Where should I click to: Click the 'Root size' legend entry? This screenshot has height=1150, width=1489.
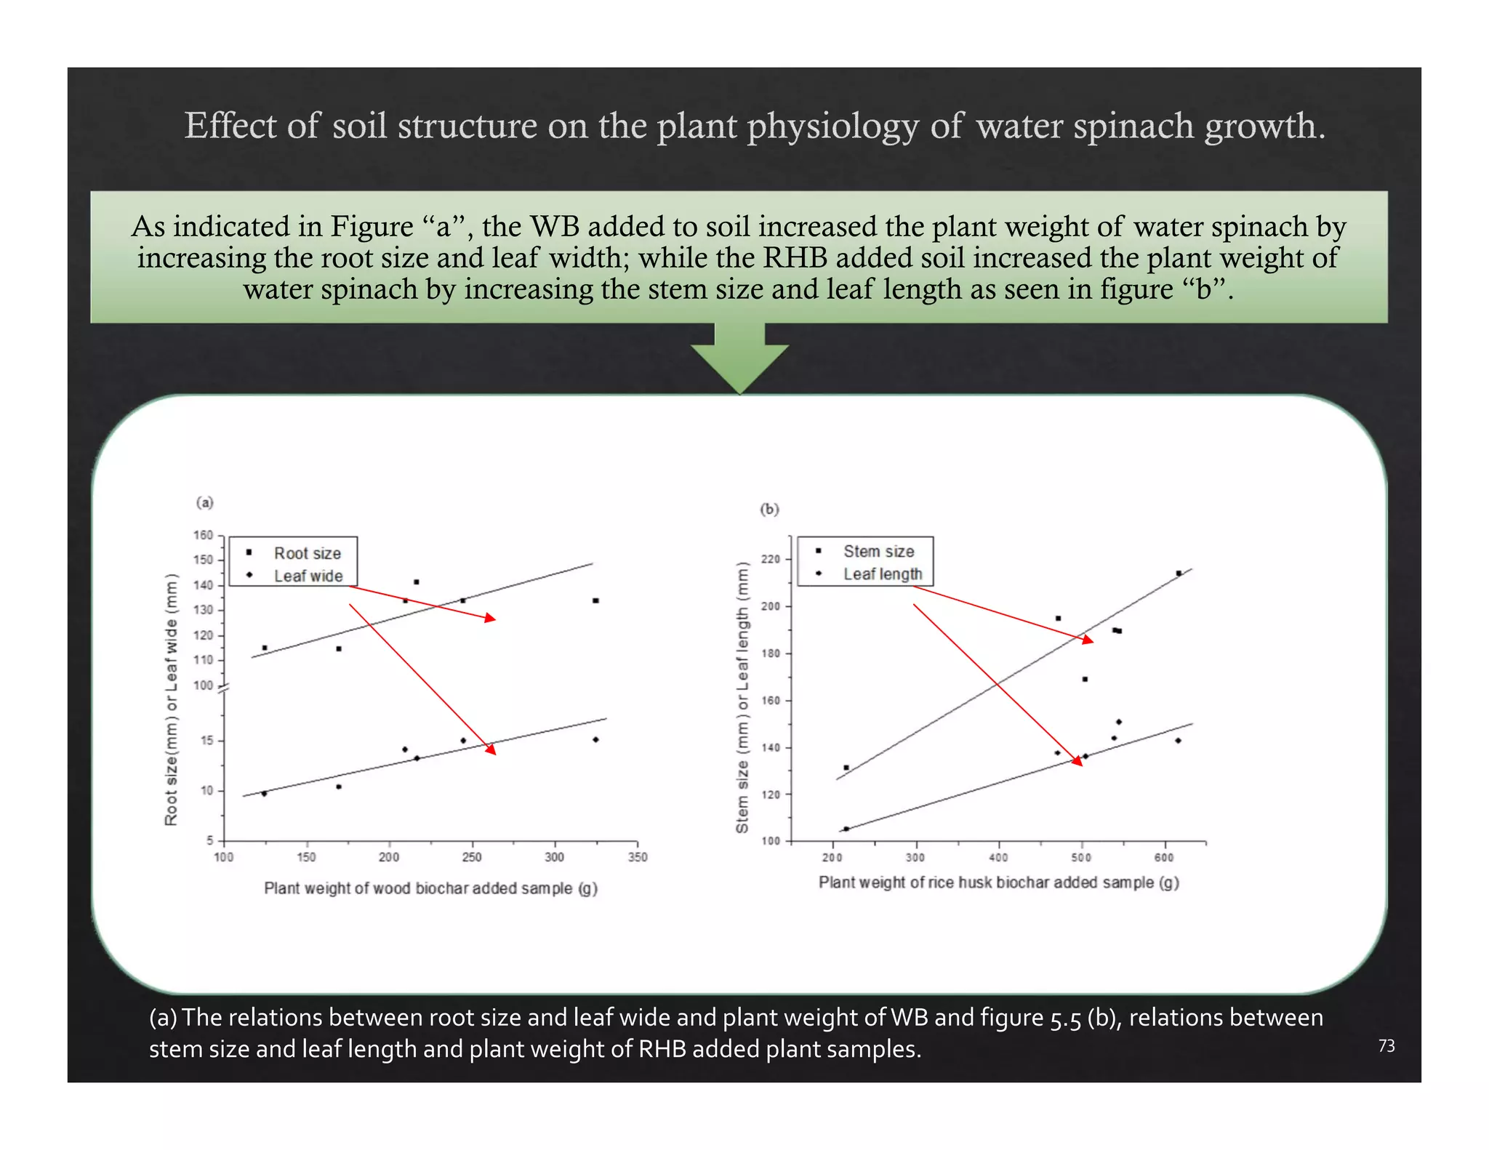pyautogui.click(x=306, y=553)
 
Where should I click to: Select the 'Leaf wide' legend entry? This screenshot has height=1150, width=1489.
pyautogui.click(x=308, y=576)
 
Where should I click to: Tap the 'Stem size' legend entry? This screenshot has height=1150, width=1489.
pyautogui.click(x=878, y=551)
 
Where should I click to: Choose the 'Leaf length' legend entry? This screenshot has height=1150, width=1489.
pyautogui.click(x=882, y=574)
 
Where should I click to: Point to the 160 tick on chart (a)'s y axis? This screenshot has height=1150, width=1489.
pyautogui.click(x=204, y=536)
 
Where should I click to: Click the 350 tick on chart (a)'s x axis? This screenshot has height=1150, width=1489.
pyautogui.click(x=637, y=857)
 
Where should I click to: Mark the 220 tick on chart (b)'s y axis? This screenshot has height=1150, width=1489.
pyautogui.click(x=770, y=559)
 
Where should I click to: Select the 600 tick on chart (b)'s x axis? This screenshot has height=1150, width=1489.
pyautogui.click(x=1164, y=857)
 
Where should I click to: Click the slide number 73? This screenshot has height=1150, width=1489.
pyautogui.click(x=1386, y=1045)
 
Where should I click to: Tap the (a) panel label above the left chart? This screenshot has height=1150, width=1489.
pyautogui.click(x=205, y=502)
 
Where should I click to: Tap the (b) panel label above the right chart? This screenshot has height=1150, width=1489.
pyautogui.click(x=769, y=509)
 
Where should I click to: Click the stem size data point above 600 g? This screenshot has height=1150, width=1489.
pyautogui.click(x=1179, y=574)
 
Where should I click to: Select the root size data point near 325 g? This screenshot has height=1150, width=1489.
pyautogui.click(x=595, y=600)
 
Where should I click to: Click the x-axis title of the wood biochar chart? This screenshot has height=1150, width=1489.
pyautogui.click(x=430, y=888)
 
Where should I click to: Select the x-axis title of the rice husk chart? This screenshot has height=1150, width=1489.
pyautogui.click(x=998, y=882)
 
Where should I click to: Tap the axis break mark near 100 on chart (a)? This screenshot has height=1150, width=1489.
pyautogui.click(x=224, y=688)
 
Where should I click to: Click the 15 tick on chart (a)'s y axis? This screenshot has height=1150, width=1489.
pyautogui.click(x=206, y=741)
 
